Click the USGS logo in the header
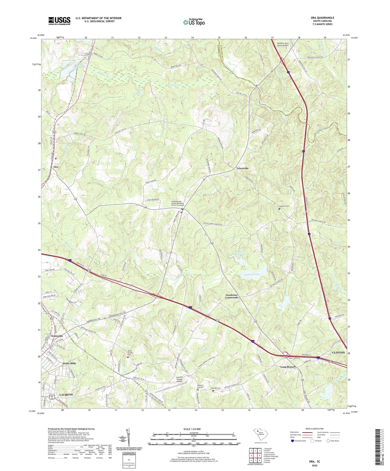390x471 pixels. (x=59, y=21)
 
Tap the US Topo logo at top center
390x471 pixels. (x=194, y=22)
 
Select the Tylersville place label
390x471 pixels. (x=242, y=168)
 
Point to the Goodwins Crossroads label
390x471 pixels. (x=232, y=296)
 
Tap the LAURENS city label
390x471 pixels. (x=66, y=395)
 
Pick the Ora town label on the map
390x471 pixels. (x=56, y=167)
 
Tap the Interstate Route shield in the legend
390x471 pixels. (x=293, y=441)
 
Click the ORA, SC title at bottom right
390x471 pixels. (x=314, y=461)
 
